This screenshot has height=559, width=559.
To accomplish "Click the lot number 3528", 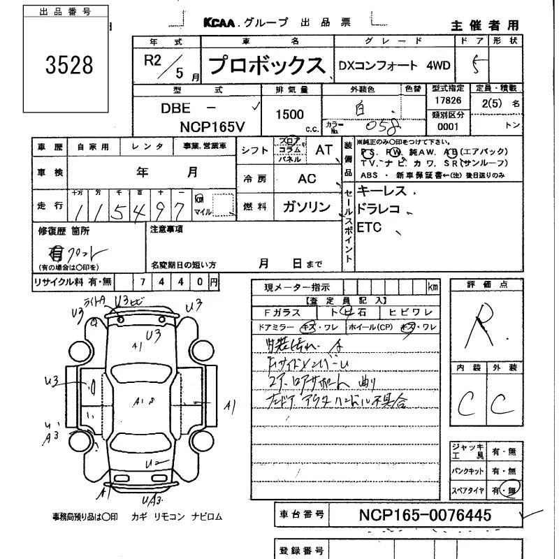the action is click(69, 65).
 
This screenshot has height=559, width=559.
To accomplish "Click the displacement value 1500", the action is click(289, 113).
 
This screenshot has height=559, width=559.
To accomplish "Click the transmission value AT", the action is click(324, 150).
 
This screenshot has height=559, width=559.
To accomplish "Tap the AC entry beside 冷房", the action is click(307, 178).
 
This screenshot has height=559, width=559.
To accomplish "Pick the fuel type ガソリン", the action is click(306, 206).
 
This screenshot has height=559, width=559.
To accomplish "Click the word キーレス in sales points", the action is click(381, 191).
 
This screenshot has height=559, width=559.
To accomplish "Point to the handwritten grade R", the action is click(483, 323).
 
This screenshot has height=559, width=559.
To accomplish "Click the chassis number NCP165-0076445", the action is click(425, 515).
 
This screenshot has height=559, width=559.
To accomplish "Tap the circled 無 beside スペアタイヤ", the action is click(513, 491).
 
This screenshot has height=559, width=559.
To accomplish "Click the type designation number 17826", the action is click(447, 101).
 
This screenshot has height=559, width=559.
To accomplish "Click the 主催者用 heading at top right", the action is click(484, 25).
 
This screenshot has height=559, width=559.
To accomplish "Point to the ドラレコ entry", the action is click(378, 209).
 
